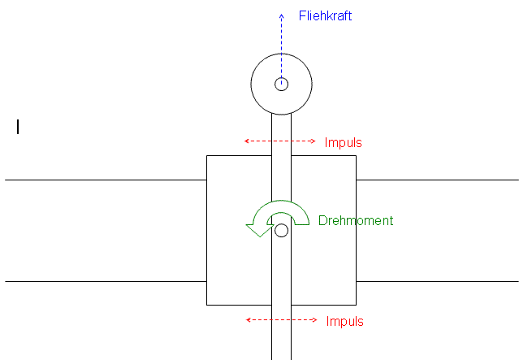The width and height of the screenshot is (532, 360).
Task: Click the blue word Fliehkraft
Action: click(325, 16)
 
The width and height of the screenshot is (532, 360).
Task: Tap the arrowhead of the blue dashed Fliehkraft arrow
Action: click(281, 15)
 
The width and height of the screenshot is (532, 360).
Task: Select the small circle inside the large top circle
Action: click(281, 84)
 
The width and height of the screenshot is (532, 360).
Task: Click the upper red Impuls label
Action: click(343, 143)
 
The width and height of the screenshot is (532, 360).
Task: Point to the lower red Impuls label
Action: click(344, 321)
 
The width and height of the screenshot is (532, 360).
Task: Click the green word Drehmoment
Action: click(356, 221)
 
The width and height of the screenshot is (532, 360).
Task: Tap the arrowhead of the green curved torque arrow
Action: click(260, 230)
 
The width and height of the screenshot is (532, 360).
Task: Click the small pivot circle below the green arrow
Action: click(281, 230)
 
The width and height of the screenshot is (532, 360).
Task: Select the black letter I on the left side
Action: click(18, 128)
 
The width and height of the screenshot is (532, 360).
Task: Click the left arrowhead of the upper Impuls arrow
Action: click(246, 141)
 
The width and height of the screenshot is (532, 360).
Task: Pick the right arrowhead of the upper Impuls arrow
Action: click(314, 141)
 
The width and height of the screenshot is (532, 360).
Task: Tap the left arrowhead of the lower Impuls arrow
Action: click(248, 319)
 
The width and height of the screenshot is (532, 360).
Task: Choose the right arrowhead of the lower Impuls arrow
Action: click(315, 319)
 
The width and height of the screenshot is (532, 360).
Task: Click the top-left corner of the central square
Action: click(206, 155)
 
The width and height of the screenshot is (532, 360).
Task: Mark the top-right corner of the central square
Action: click(356, 155)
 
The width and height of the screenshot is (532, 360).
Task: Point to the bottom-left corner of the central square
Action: click(206, 305)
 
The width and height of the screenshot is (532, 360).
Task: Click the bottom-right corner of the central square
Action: click(356, 305)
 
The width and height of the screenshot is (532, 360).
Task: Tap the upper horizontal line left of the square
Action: click(106, 180)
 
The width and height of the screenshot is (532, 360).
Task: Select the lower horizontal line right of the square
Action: click(437, 281)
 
